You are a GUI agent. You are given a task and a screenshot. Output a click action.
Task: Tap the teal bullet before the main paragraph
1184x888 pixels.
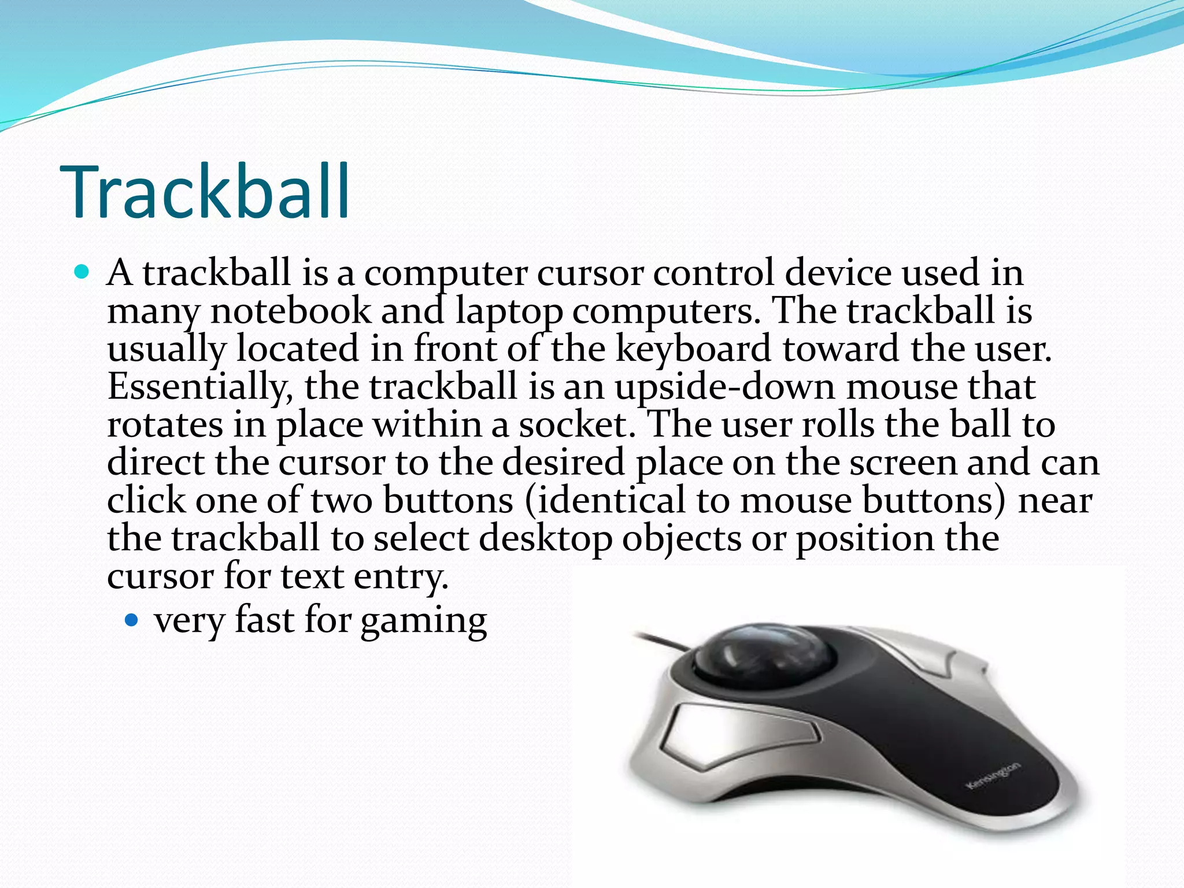click(x=82, y=272)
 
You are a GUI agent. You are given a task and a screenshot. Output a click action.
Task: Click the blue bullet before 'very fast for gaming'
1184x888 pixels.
click(x=132, y=620)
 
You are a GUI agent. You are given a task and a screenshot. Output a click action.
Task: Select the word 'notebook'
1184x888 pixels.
click(x=291, y=311)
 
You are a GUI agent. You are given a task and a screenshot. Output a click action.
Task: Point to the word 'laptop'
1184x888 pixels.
click(x=509, y=312)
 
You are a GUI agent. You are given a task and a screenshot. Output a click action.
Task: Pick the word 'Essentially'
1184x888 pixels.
click(x=200, y=387)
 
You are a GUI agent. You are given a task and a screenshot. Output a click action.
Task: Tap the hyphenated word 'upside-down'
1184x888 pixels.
click(x=725, y=387)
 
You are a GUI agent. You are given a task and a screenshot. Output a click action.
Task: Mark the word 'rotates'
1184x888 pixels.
click(x=165, y=425)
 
